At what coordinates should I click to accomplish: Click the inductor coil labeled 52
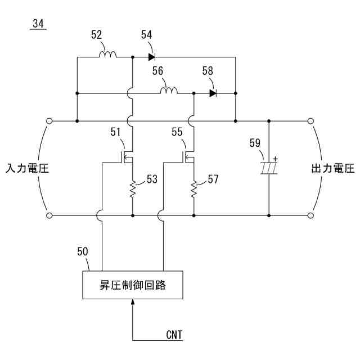pyautogui.click(x=107, y=55)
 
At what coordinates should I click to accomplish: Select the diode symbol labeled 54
pyautogui.click(x=151, y=57)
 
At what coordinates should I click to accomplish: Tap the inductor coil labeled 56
pyautogui.click(x=169, y=91)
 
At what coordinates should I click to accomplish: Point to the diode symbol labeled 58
pyautogui.click(x=213, y=93)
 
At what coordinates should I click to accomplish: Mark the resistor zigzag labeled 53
pyautogui.click(x=132, y=190)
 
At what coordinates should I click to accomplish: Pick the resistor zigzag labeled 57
pyautogui.click(x=193, y=190)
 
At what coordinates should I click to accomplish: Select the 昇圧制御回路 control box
pyautogui.click(x=133, y=285)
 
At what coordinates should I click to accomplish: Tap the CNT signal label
pyautogui.click(x=174, y=335)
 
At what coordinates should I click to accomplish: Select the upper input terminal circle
pyautogui.click(x=49, y=121)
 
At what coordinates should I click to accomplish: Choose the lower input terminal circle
pyautogui.click(x=49, y=215)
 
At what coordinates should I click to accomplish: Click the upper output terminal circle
pyautogui.click(x=310, y=121)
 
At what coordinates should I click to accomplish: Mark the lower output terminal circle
pyautogui.click(x=310, y=215)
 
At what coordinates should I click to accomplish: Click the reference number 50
pyautogui.click(x=82, y=251)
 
